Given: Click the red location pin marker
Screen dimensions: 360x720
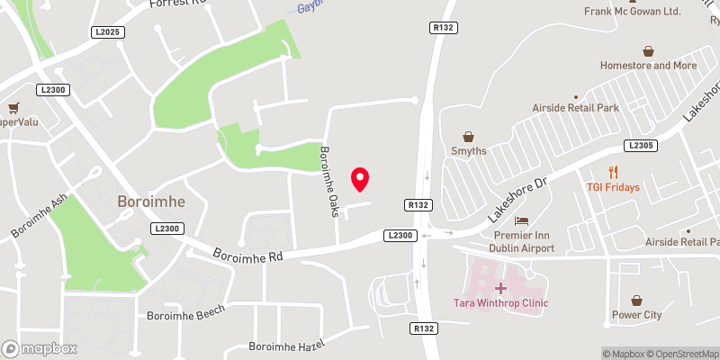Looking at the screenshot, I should tap(360, 178).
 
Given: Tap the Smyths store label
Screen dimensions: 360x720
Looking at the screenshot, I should tap(468, 151).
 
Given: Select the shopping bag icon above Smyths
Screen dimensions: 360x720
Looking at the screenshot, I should tap(468, 135).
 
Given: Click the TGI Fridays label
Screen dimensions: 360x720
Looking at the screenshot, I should tap(613, 187).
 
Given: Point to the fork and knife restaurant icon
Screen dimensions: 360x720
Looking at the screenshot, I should tap(613, 172).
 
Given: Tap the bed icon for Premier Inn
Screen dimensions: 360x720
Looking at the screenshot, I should tap(519, 220).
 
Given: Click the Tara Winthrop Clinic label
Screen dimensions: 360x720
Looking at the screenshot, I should tap(501, 302).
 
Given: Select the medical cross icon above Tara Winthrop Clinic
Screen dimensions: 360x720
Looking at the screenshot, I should tap(501, 287).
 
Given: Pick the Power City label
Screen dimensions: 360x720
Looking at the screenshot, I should tap(636, 315).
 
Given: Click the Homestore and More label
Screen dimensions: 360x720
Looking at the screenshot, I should tap(649, 66).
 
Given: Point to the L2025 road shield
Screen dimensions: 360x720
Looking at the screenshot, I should tap(106, 32).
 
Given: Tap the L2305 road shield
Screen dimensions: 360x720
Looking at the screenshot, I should tap(640, 146).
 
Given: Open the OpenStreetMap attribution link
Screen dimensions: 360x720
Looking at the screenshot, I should tap(681, 354).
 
